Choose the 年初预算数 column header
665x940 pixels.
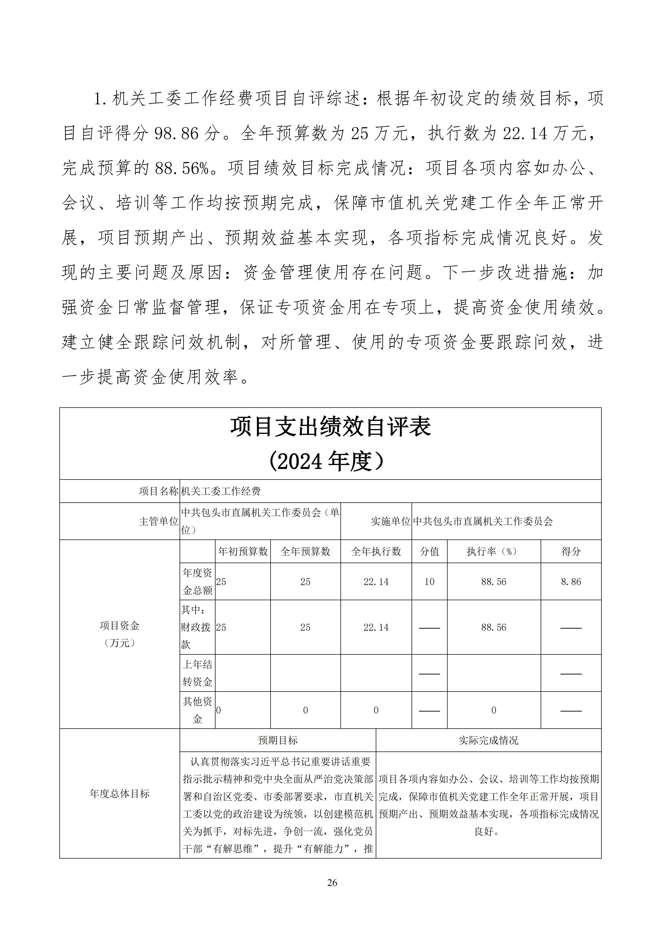(243, 551)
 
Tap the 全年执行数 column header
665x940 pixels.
(376, 551)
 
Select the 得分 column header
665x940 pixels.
(571, 551)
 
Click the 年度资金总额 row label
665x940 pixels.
(197, 581)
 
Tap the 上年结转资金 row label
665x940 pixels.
(197, 673)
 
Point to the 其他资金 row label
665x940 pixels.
(197, 710)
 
